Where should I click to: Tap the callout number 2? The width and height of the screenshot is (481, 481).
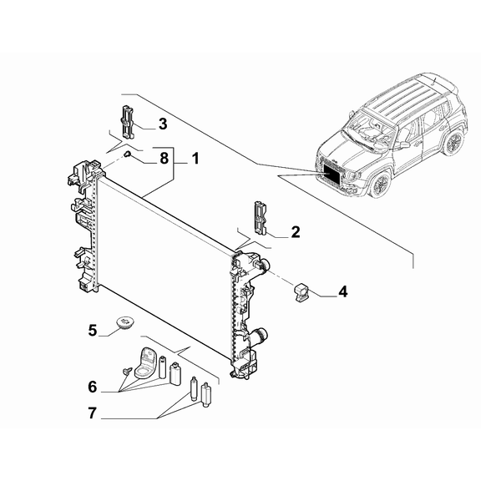[x=295, y=231]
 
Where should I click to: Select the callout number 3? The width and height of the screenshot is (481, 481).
[x=162, y=124]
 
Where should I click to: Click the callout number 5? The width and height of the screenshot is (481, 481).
[x=94, y=330]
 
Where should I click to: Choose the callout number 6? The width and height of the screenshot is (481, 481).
[x=93, y=387]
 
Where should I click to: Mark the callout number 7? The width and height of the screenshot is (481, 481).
[x=93, y=413]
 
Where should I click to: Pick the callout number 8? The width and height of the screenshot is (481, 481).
[x=164, y=157]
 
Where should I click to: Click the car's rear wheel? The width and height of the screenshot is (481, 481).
[x=453, y=143]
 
